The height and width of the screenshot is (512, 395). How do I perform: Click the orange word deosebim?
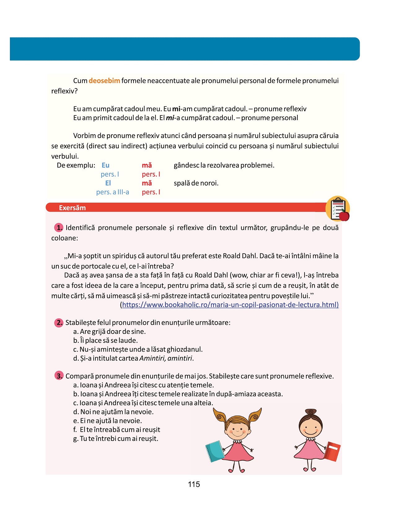(x=104, y=81)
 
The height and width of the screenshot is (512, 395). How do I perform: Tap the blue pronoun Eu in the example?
(x=105, y=165)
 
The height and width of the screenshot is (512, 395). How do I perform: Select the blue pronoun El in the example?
(x=108, y=183)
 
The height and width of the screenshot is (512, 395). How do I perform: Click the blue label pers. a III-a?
(x=112, y=192)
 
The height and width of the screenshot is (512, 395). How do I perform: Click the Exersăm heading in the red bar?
(x=72, y=208)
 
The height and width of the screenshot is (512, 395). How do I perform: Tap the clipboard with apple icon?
(x=338, y=209)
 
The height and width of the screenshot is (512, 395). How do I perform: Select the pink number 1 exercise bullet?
(x=59, y=228)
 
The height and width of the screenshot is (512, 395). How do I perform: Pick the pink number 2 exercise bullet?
(x=59, y=323)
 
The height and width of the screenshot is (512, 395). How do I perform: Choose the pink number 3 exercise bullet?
(x=59, y=376)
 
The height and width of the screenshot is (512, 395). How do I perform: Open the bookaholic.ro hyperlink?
(x=230, y=305)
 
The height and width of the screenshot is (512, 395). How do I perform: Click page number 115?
(x=194, y=484)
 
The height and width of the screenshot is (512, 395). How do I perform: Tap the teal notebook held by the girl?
(x=215, y=451)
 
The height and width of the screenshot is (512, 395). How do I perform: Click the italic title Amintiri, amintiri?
(x=166, y=358)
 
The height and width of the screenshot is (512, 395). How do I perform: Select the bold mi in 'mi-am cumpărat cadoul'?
(x=176, y=109)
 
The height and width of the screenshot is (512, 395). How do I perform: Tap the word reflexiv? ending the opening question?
(x=64, y=91)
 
